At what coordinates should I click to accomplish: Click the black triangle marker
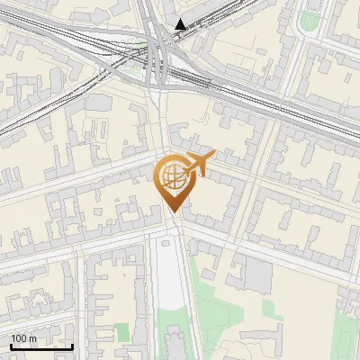point(182,24)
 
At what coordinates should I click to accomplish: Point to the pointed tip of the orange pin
point(172,212)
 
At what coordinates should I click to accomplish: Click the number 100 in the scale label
point(21,338)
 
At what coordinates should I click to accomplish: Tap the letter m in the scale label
point(34,338)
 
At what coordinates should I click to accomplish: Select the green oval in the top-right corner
point(311,20)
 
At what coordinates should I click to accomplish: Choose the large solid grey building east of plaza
point(258,274)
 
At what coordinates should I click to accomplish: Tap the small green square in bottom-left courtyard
point(121,333)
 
